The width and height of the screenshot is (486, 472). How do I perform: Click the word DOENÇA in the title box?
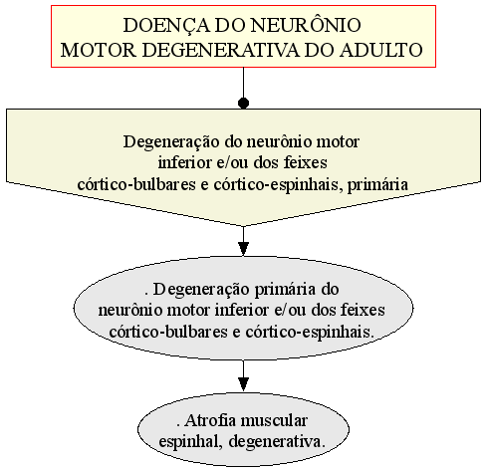point(166,25)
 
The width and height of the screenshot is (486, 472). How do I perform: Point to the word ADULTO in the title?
point(381,50)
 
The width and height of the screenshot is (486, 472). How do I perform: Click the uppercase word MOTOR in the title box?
point(99,50)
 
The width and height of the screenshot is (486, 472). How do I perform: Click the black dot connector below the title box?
point(243,104)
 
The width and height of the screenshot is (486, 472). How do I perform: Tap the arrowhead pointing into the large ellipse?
point(243,249)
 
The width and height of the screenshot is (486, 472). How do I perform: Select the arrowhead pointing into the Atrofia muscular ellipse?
point(243,384)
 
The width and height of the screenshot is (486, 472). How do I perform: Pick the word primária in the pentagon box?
point(377,185)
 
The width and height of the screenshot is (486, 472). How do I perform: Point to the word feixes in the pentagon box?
point(306,162)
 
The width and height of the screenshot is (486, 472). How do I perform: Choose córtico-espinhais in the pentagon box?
point(276,185)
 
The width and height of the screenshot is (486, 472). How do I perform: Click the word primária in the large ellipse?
point(285,290)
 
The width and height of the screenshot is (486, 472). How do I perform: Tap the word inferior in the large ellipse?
point(241,311)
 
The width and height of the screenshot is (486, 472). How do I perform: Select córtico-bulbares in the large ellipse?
point(168,332)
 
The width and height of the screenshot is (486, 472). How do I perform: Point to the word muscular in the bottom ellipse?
point(274,420)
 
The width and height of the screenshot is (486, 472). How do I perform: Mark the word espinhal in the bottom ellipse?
point(190,442)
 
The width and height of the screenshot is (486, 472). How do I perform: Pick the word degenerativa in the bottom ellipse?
point(277,442)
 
